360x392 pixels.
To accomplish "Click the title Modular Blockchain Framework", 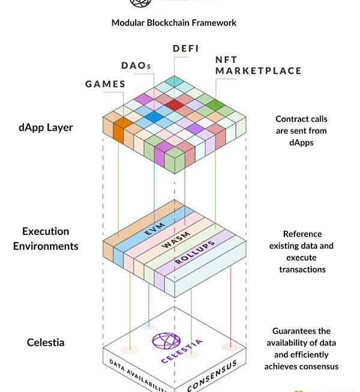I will [174, 23].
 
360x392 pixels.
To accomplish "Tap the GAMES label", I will [105, 84].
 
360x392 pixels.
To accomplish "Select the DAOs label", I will [136, 65].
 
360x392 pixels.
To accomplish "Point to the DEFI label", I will [185, 49].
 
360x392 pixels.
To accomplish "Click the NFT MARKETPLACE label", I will [258, 65].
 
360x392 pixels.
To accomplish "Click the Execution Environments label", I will [46, 239].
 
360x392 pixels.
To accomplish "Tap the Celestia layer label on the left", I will [46, 343].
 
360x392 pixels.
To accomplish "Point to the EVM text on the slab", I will [155, 228].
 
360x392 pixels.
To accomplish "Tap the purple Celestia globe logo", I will [166, 342].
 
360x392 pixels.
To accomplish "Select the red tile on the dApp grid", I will [175, 105].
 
